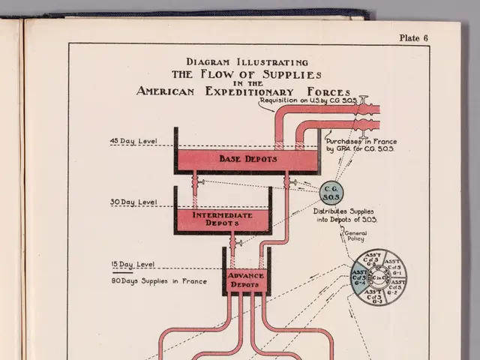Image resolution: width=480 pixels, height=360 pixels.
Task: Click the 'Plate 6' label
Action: [413, 38]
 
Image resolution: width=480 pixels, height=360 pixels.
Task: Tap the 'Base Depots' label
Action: [247, 159]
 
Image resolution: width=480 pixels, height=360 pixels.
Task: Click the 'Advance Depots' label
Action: [246, 280]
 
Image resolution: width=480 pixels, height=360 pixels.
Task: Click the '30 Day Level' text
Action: [133, 202]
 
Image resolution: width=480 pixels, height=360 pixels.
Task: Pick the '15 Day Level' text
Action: [133, 265]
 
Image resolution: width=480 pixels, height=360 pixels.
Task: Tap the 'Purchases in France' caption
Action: [361, 142]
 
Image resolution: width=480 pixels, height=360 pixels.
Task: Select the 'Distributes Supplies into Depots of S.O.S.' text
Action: [345, 215]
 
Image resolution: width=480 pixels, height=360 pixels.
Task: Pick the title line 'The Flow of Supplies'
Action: [247, 75]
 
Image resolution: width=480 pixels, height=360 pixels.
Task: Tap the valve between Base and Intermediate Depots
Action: [195, 181]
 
